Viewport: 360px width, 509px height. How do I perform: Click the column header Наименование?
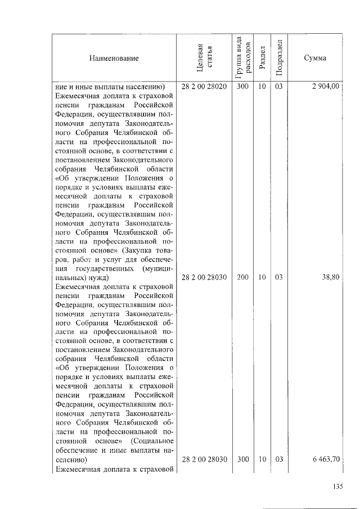112,58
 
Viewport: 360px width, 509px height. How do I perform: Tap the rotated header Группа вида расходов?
243,58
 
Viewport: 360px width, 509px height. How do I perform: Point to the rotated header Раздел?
262,58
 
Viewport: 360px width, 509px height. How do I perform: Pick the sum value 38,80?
330,277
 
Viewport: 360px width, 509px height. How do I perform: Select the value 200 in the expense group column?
243,277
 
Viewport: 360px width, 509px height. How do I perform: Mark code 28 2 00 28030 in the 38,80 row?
204,277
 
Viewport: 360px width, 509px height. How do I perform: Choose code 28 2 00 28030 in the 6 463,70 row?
204,459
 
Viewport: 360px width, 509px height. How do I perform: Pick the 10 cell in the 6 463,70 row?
262,459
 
